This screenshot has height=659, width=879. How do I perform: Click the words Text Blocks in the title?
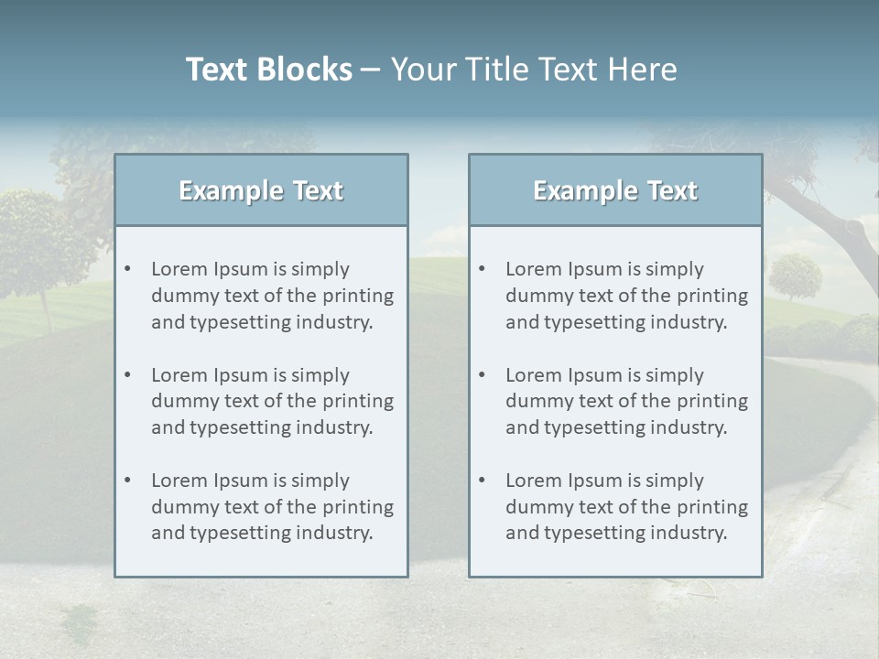[268, 70]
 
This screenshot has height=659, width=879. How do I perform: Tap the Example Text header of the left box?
[261, 190]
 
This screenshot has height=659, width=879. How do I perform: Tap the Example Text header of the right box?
[615, 190]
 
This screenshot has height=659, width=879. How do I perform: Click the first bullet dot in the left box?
[127, 269]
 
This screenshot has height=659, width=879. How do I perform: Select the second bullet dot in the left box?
[127, 375]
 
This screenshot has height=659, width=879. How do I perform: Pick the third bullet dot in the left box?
[127, 481]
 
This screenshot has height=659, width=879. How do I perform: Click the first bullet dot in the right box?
[482, 269]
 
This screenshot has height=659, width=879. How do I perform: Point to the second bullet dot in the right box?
[482, 375]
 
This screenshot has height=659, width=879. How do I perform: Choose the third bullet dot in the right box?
[482, 481]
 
